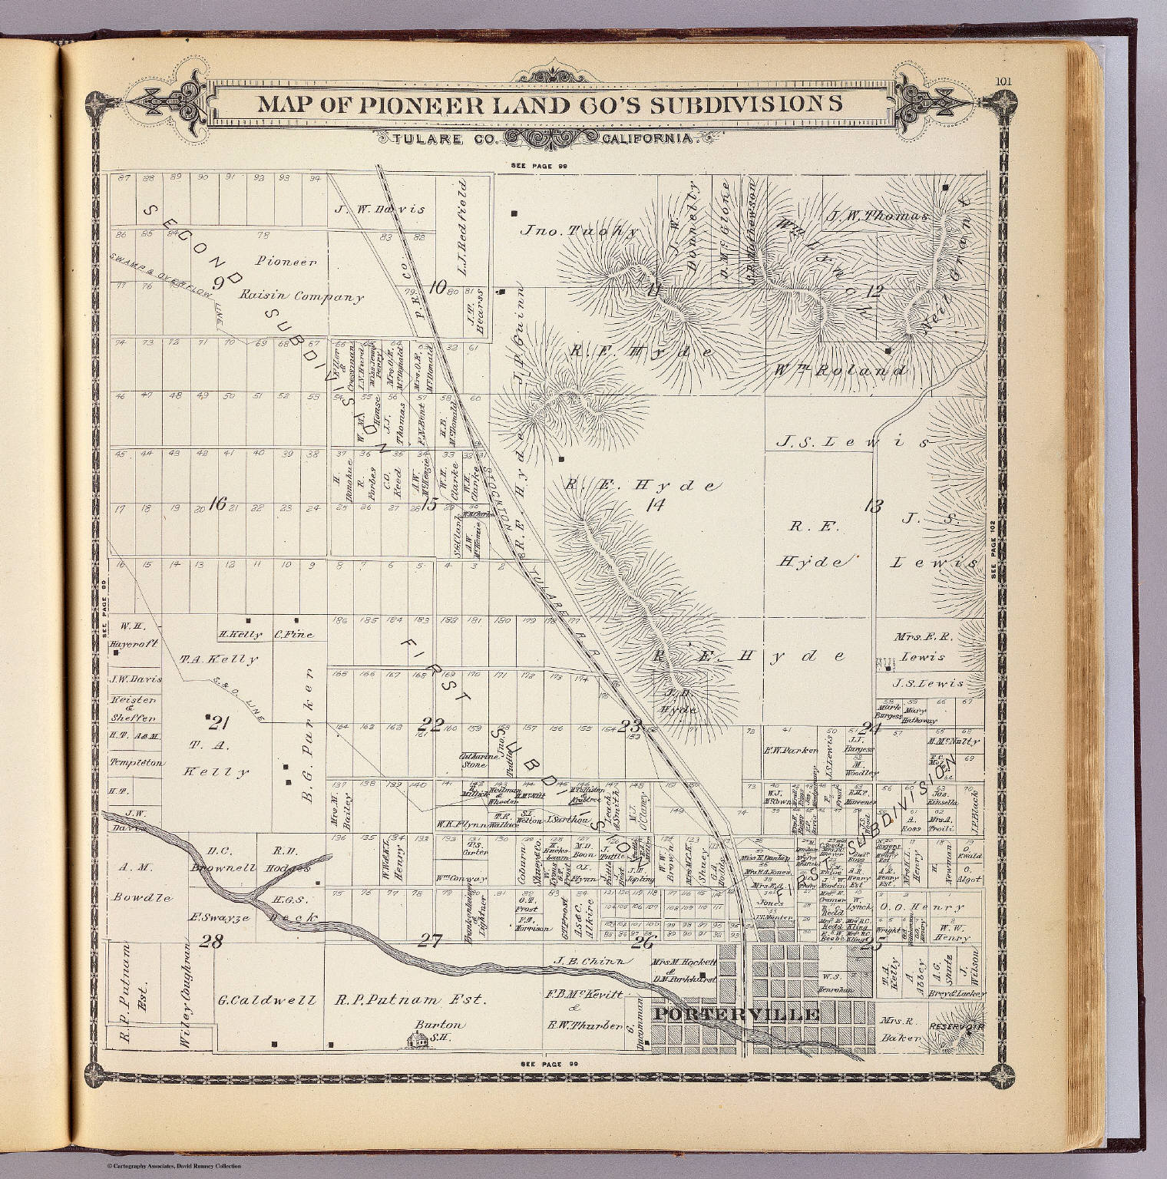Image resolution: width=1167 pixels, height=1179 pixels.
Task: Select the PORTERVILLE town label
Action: [736, 1014]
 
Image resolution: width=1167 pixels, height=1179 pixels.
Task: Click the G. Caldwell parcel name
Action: [266, 1000]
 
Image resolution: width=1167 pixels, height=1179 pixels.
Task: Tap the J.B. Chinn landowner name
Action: [592, 961]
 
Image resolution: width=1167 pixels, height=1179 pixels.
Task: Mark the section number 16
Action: [217, 504]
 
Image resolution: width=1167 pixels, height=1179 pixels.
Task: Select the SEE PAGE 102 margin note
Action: [999, 546]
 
